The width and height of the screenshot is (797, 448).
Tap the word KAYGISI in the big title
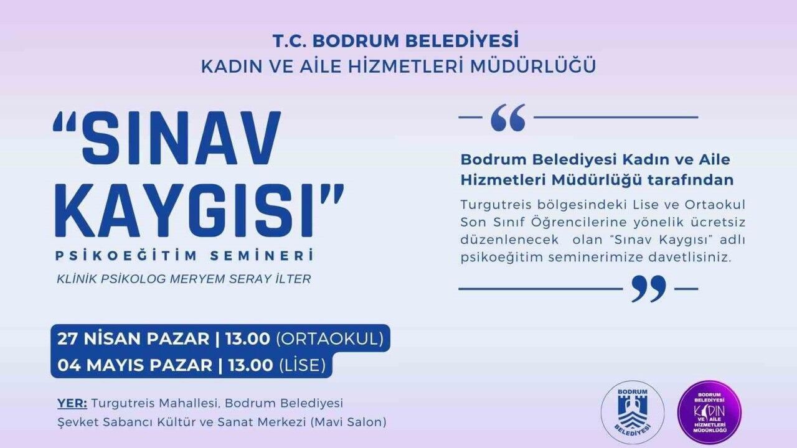(184, 210)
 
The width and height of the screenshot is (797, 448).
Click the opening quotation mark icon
(508, 118)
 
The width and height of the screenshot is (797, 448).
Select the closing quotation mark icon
(648, 289)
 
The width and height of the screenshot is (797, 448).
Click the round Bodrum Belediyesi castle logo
(632, 412)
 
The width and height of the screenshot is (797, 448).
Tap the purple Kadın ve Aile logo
(709, 412)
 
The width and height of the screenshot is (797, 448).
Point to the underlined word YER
(72, 403)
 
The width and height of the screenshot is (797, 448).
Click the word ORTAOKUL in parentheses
(330, 339)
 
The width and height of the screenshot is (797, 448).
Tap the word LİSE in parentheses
(303, 365)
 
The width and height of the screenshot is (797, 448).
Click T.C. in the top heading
(290, 41)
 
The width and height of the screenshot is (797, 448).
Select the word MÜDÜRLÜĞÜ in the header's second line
(533, 67)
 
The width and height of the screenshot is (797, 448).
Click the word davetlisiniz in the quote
(689, 258)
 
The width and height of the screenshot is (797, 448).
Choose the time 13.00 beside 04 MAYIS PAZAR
(250, 365)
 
